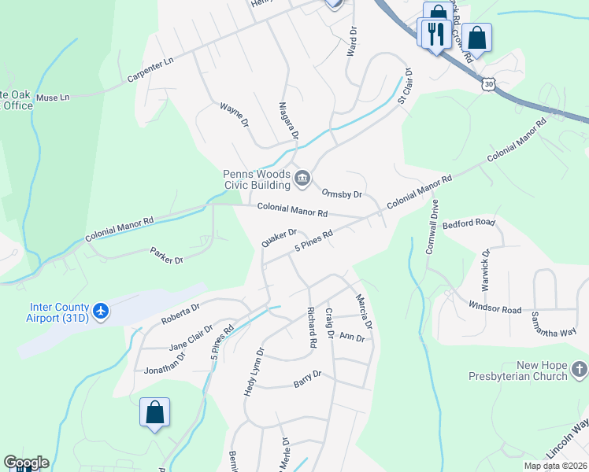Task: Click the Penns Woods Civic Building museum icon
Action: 302,181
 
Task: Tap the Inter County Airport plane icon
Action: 100,312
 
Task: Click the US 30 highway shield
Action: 490,83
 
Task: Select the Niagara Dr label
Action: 289,120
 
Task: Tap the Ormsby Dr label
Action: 342,194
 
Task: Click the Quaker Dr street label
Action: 280,238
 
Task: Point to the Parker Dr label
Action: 166,256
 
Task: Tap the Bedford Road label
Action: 469,223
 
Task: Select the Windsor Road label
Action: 495,308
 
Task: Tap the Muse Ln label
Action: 54,97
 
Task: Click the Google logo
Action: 26,463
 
